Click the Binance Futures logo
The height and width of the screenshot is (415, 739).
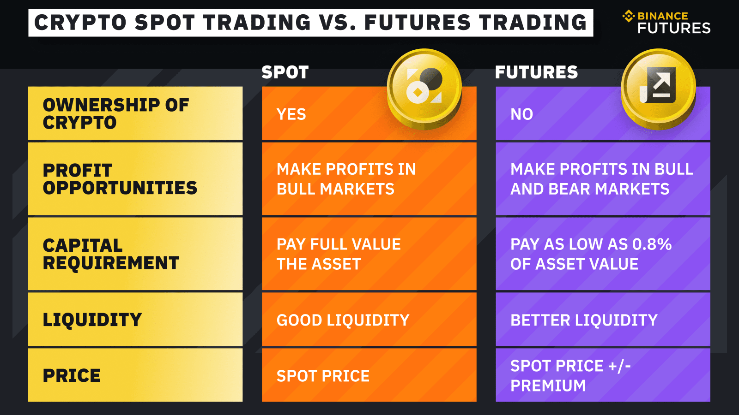pyautogui.click(x=666, y=22)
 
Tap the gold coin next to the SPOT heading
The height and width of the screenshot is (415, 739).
pyautogui.click(x=424, y=88)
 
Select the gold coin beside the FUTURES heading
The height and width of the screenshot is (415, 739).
pyautogui.click(x=658, y=88)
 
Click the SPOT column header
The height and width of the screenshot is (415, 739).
pyautogui.click(x=285, y=72)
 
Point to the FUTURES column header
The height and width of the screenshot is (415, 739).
pyautogui.click(x=536, y=72)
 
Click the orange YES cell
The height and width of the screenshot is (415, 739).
pyautogui.click(x=323, y=114)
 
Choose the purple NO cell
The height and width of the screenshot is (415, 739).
pyautogui.click(x=554, y=114)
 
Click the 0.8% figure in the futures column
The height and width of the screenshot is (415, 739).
pyautogui.click(x=652, y=244)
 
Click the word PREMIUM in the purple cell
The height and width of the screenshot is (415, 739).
pyautogui.click(x=548, y=385)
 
